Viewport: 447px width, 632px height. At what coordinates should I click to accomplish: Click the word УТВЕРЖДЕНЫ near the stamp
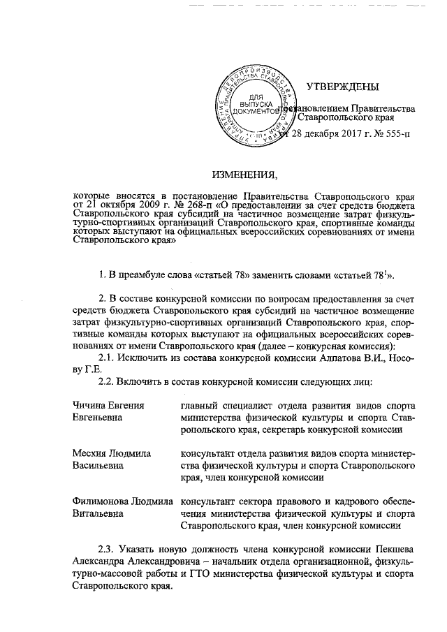[x=342, y=87]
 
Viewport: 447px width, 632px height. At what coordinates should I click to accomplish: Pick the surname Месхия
[x=91, y=453]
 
